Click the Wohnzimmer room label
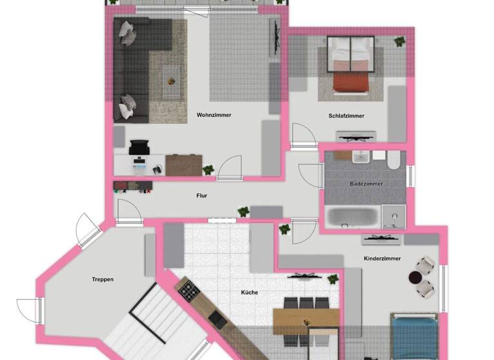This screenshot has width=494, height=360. [214, 115]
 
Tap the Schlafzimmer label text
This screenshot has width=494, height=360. [346, 116]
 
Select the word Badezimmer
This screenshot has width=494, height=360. [366, 184]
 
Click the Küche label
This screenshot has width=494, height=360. [250, 292]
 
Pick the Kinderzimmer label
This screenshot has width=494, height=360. [382, 258]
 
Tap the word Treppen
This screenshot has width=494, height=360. [103, 279]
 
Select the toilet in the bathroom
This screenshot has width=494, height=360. [394, 159]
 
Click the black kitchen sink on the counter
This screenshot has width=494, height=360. [217, 317]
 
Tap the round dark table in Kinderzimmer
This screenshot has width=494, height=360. [415, 277]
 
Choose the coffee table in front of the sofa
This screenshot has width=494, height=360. [170, 81]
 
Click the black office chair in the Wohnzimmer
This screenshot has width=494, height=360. [140, 149]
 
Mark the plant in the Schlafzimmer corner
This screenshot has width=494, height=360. [399, 42]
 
